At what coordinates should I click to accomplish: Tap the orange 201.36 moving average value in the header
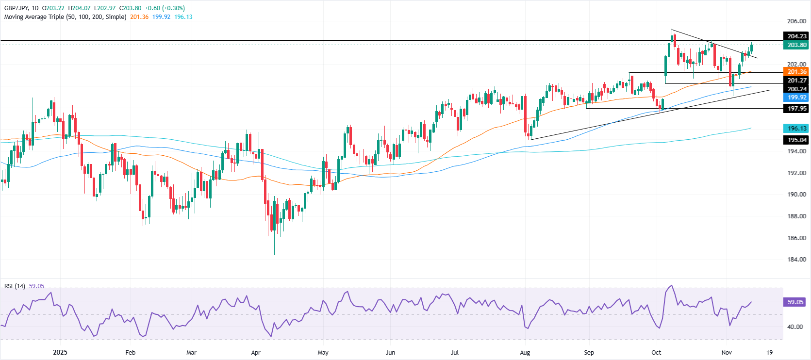(x=139, y=17)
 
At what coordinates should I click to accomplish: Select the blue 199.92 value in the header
(x=161, y=17)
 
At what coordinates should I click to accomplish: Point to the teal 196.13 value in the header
(x=183, y=17)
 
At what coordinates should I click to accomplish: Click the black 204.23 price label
(x=797, y=36)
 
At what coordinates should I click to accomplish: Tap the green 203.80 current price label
(x=797, y=45)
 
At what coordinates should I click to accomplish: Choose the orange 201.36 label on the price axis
(x=797, y=72)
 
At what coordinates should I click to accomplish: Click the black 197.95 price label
(x=797, y=109)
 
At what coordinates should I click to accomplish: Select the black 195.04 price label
(x=797, y=140)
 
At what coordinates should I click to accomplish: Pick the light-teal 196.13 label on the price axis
(x=797, y=129)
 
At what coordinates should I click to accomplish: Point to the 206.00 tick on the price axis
(x=796, y=21)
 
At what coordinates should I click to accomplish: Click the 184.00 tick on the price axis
(x=796, y=260)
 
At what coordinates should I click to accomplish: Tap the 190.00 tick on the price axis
(x=796, y=195)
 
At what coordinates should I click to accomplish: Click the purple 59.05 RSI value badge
(x=795, y=302)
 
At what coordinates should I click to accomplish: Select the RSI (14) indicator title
(x=15, y=286)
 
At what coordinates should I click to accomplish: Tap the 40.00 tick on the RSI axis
(x=795, y=327)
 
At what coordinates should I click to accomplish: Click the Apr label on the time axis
(x=256, y=353)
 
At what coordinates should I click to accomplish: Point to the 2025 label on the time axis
(x=60, y=353)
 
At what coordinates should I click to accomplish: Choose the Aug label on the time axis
(x=525, y=353)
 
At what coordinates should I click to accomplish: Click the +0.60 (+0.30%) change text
(x=165, y=8)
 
